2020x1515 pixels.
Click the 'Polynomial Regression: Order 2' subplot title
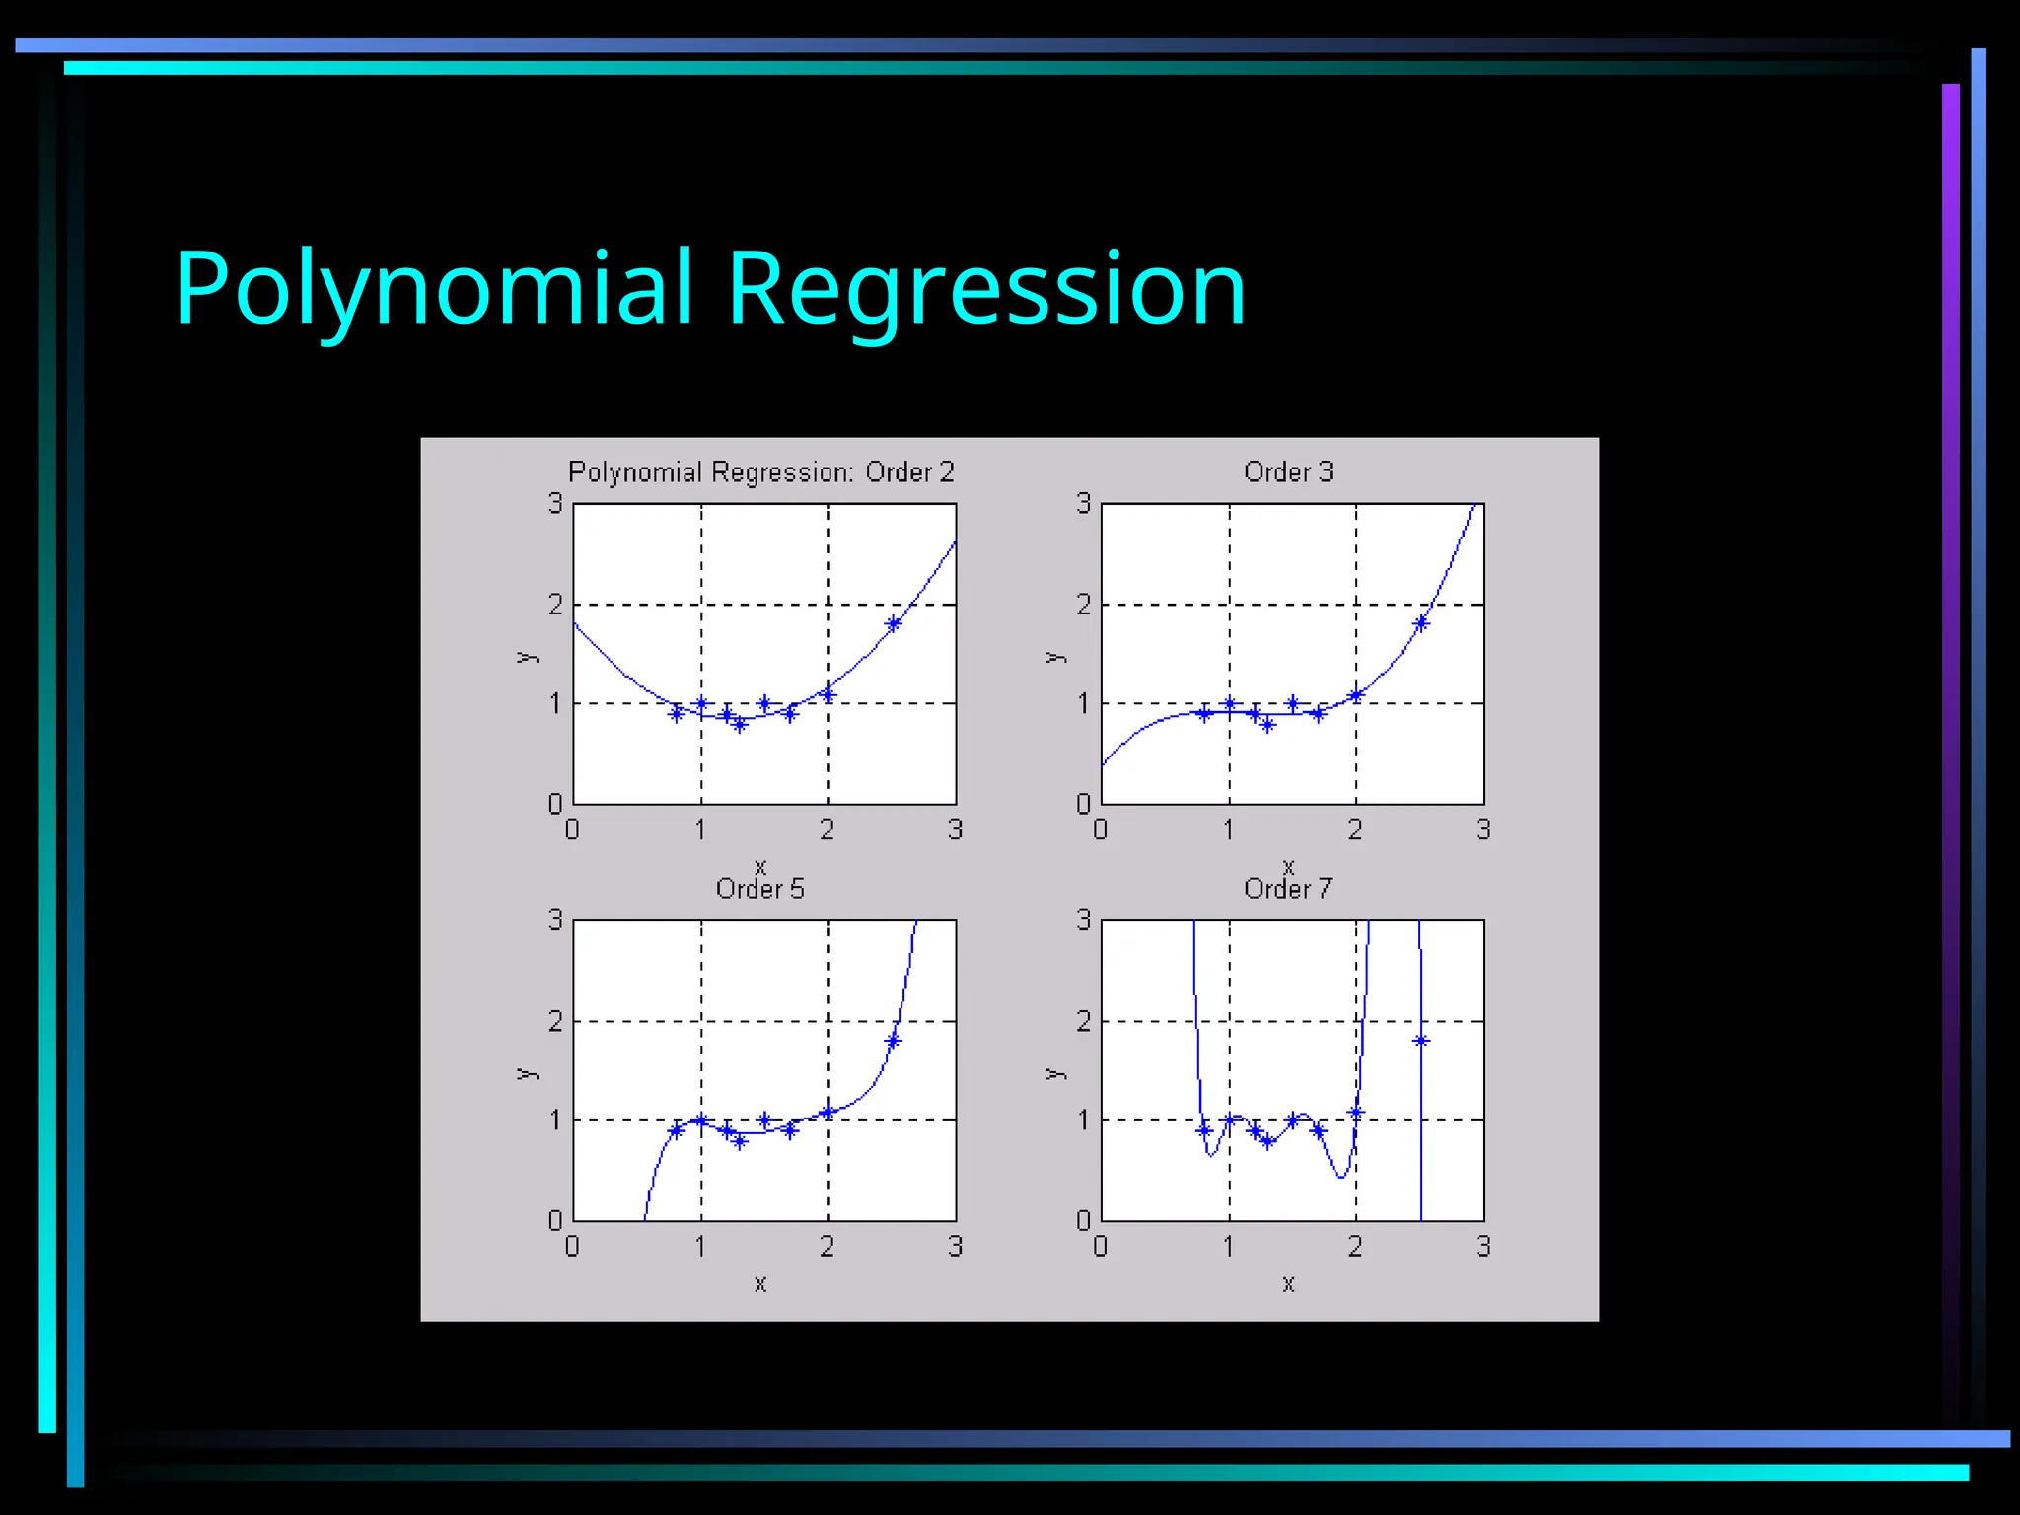pos(760,472)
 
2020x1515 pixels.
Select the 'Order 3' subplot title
pos(1288,472)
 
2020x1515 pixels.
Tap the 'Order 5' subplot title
pos(759,889)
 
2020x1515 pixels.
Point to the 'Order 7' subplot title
pos(1287,889)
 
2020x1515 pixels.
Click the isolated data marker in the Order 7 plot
pos(1420,1041)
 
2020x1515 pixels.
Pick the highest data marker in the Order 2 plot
pos(894,623)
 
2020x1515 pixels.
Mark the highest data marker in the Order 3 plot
pos(1421,623)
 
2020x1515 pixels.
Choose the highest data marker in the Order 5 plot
pos(894,1041)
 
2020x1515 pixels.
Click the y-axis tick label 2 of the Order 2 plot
pos(555,604)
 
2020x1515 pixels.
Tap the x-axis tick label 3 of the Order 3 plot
pos(1482,830)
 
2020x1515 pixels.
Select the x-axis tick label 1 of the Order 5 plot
pos(700,1247)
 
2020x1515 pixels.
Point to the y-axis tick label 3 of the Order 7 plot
pos(1083,919)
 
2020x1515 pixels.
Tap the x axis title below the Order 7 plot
pos(1288,1283)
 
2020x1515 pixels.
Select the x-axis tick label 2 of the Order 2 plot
pos(827,830)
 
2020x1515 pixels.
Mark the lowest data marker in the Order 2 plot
pos(740,725)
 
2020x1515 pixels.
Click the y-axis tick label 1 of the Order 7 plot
pos(1083,1119)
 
